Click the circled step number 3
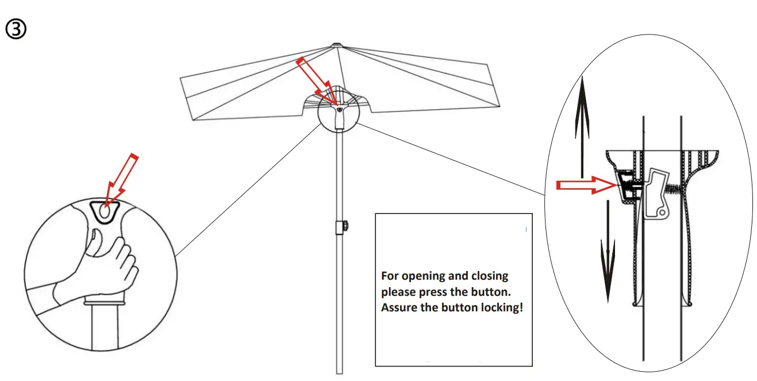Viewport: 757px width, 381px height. (x=16, y=29)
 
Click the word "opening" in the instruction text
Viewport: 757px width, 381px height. (x=444, y=276)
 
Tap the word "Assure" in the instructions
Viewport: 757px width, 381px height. (x=399, y=307)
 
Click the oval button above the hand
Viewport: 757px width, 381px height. (x=105, y=213)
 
